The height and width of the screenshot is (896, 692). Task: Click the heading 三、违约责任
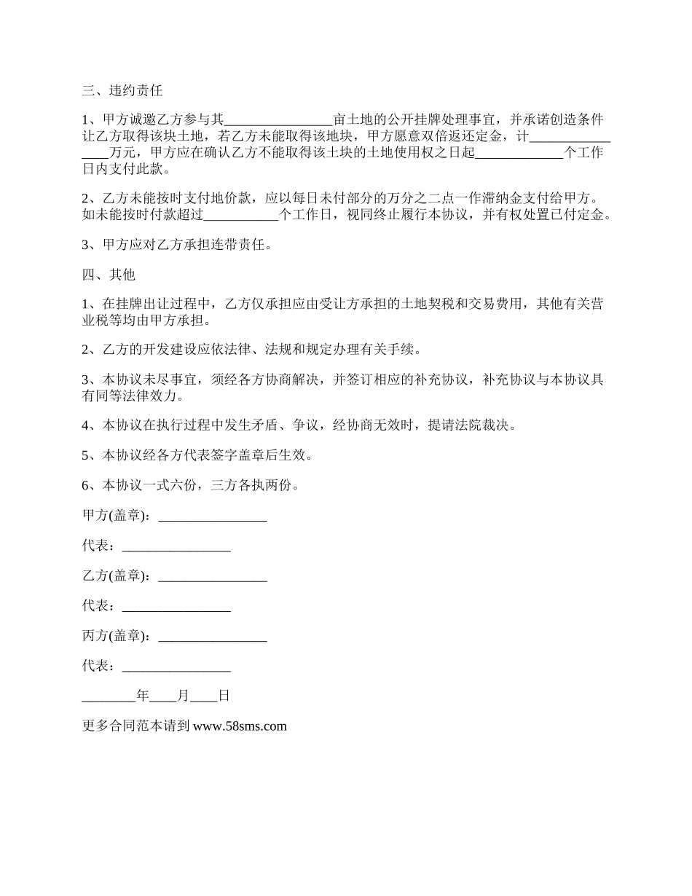pyautogui.click(x=122, y=91)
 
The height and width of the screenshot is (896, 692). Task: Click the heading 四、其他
pyautogui.click(x=109, y=275)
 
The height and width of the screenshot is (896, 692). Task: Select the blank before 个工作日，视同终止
pyautogui.click(x=241, y=215)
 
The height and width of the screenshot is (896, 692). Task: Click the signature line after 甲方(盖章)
pyautogui.click(x=212, y=516)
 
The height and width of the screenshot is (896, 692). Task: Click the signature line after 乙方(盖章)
pyautogui.click(x=212, y=576)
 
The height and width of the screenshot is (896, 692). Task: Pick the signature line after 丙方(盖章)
pyautogui.click(x=212, y=636)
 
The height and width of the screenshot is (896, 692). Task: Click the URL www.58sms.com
pyautogui.click(x=240, y=726)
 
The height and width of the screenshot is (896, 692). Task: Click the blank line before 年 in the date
pyautogui.click(x=109, y=696)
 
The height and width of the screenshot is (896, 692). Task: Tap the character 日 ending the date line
pyautogui.click(x=224, y=696)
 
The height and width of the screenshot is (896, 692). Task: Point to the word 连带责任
pyautogui.click(x=246, y=245)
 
